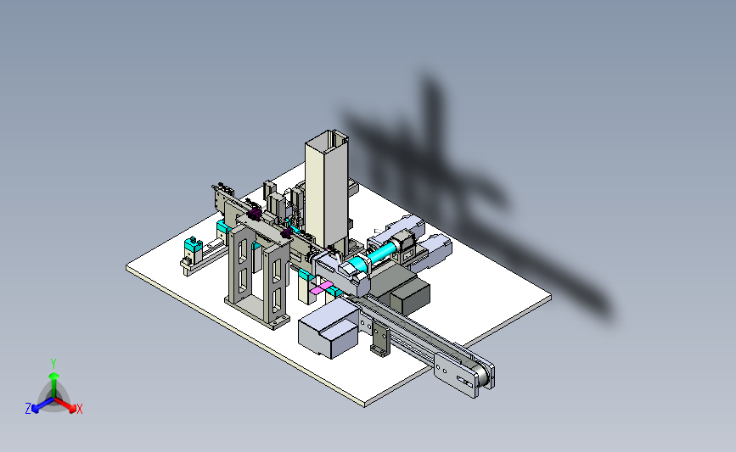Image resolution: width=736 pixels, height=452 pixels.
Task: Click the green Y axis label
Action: tap(53, 364)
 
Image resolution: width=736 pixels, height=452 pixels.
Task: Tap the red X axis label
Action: tap(79, 409)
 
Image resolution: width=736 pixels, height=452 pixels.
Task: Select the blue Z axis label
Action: tap(28, 409)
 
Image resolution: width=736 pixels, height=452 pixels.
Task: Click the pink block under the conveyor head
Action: tap(321, 287)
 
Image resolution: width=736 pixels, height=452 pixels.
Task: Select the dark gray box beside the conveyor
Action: tap(410, 298)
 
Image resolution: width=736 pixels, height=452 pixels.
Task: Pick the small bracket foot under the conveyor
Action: tap(380, 342)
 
